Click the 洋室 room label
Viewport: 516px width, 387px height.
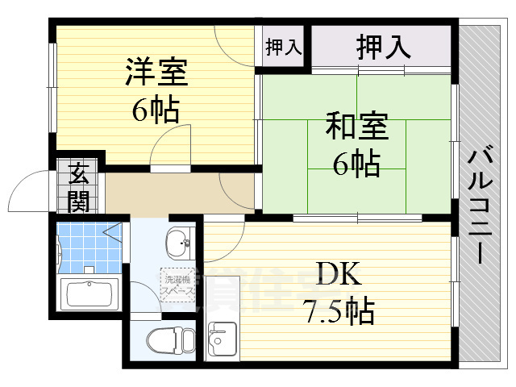pyautogui.click(x=156, y=73)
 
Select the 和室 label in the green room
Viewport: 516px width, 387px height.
pyautogui.click(x=356, y=127)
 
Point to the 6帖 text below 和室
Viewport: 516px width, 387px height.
pyautogui.click(x=356, y=164)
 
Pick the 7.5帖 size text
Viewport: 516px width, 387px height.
pyautogui.click(x=339, y=310)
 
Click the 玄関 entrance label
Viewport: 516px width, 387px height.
pyautogui.click(x=79, y=187)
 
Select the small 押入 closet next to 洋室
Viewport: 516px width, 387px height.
pyautogui.click(x=283, y=47)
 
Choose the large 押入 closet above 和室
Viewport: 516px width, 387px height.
pyautogui.click(x=384, y=47)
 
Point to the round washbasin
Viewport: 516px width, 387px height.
pyautogui.click(x=178, y=239)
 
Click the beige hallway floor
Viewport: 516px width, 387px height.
pyautogui.click(x=161, y=194)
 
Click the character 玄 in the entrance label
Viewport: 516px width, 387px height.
pyautogui.click(x=79, y=173)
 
